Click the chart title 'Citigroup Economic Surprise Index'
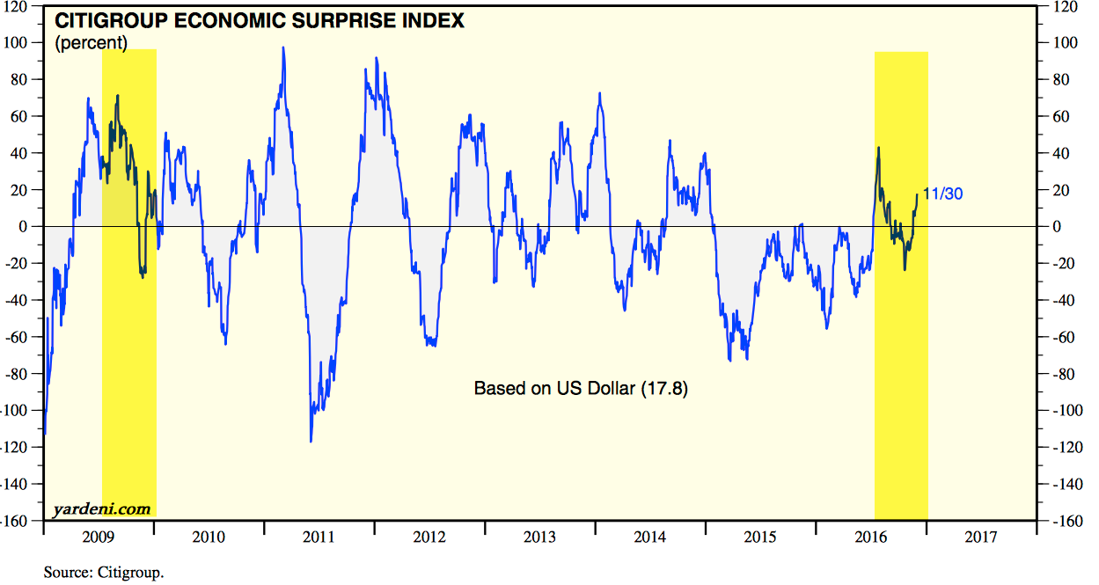260,20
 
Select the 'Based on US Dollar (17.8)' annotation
581,388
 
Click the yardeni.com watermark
101,508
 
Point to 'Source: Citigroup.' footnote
104,573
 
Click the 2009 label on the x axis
98,537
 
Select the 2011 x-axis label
319,537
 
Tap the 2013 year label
539,537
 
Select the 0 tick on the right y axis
1051,227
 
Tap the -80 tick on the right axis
1056,374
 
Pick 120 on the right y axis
1058,6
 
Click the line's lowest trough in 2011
311,441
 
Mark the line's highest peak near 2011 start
282,48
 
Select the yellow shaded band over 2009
129,352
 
